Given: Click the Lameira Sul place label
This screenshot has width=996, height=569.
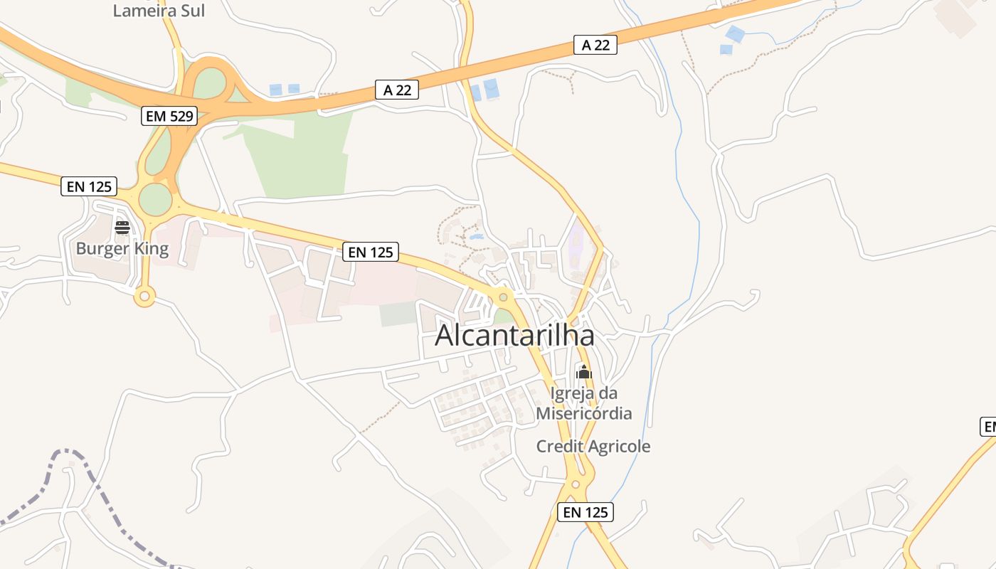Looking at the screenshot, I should [x=159, y=10].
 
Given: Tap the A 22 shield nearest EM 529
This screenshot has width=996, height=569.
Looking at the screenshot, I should [x=396, y=90].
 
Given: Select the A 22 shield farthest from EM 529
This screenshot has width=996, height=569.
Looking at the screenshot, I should [x=595, y=45].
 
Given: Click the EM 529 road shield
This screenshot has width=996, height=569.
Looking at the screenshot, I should [x=169, y=116].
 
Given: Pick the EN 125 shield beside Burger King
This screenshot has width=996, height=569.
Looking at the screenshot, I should [x=89, y=186].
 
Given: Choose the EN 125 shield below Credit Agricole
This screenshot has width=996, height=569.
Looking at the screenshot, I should [x=585, y=511].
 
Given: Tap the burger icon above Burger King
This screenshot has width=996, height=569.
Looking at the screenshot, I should [x=122, y=228].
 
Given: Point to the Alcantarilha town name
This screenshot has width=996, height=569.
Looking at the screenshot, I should [x=514, y=335].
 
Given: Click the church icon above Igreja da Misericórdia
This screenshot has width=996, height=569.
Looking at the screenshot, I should [x=584, y=372].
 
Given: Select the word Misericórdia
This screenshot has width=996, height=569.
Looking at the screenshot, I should [x=583, y=413].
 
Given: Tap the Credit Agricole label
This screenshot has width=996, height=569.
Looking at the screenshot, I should [x=593, y=447].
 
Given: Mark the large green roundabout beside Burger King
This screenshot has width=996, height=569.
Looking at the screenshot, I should [x=156, y=199].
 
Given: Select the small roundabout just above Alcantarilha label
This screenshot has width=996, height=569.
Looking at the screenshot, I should [x=503, y=296].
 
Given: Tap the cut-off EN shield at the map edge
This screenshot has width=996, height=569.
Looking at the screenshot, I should [x=989, y=427].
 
